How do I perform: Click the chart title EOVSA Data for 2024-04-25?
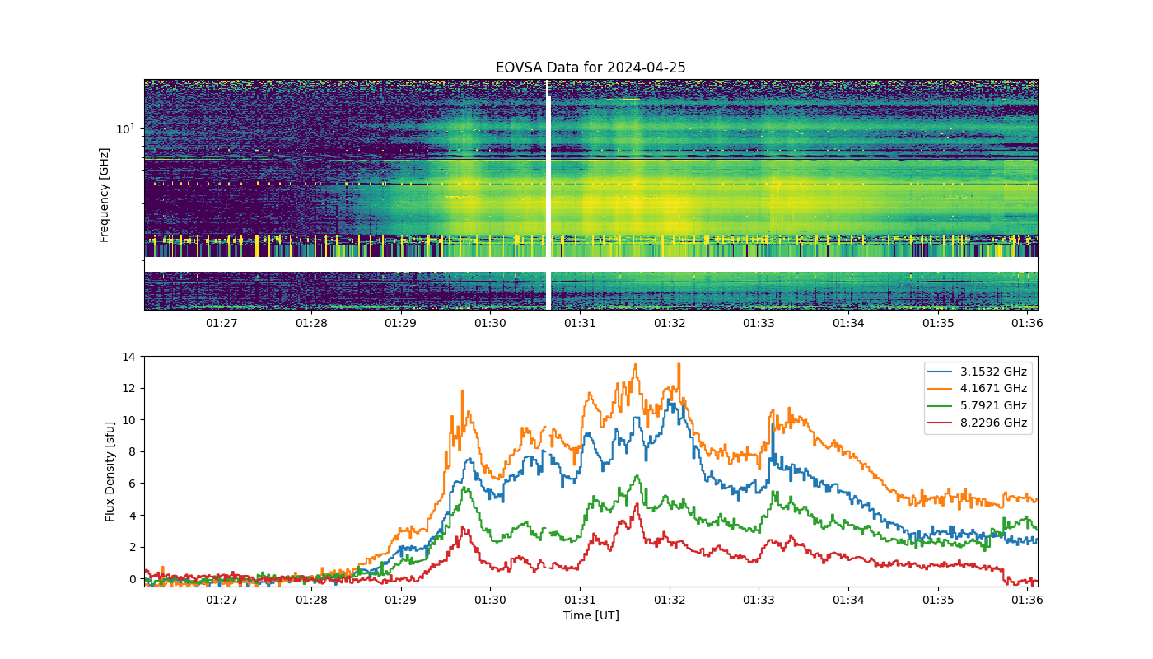coord(591,68)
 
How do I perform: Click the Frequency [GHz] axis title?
coord(104,195)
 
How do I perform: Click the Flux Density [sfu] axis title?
coord(110,471)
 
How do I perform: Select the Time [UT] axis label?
coord(591,615)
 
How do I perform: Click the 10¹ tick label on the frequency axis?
coord(126,129)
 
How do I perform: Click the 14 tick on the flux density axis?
coord(128,357)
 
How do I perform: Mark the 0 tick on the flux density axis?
coord(133,579)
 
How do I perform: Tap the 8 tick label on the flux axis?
coord(133,452)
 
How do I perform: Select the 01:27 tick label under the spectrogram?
coord(222,323)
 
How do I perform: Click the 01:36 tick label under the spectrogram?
coord(1028,323)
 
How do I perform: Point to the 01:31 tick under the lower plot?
coord(580,600)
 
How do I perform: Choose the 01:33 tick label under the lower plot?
coord(759,600)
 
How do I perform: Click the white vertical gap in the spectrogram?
coord(548,194)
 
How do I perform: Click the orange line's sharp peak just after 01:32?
coord(679,364)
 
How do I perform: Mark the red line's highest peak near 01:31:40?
coord(637,504)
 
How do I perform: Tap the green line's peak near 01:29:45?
coord(466,487)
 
